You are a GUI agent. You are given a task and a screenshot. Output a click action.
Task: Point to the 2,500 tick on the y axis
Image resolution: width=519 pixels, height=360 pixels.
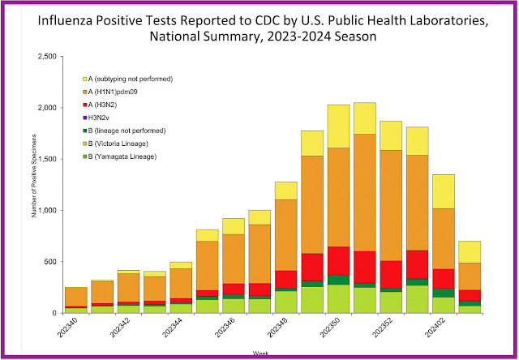46,56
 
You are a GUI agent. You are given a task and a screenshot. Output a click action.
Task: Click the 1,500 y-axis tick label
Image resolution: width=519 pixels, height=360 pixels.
46,159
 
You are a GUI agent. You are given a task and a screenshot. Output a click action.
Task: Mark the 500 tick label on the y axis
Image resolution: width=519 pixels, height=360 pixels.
49,262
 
